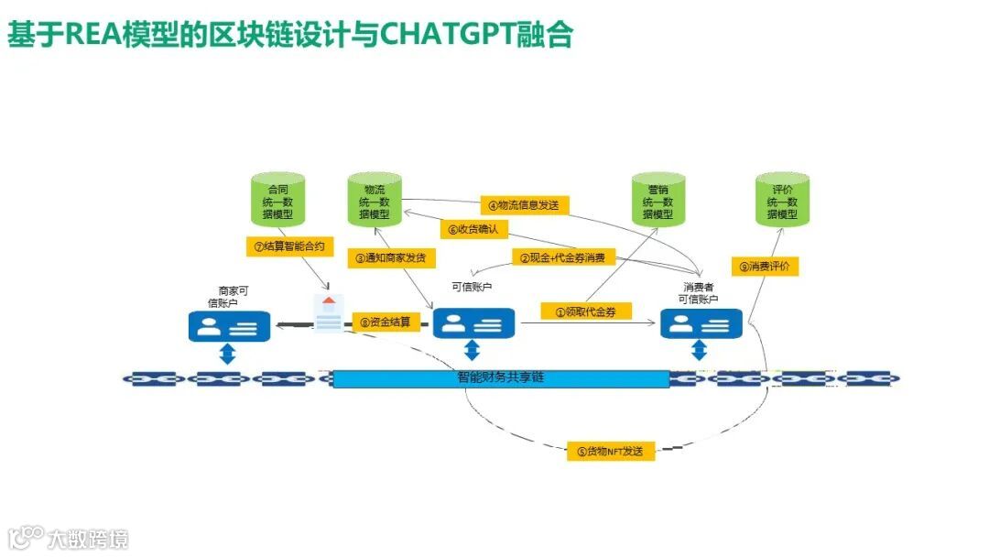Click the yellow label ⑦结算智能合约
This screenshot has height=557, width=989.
289,246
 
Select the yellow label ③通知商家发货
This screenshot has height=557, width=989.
391,258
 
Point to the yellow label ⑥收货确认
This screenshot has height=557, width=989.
473,229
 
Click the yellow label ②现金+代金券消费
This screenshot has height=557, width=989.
562,258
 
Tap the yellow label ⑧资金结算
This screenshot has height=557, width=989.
385,322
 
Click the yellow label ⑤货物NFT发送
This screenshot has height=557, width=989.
610,451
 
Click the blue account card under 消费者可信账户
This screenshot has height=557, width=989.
701,324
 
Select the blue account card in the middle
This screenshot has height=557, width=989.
473,323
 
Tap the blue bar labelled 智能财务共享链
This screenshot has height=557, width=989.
500,378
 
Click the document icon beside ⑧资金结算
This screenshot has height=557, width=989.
330,312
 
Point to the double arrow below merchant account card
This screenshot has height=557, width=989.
228,354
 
